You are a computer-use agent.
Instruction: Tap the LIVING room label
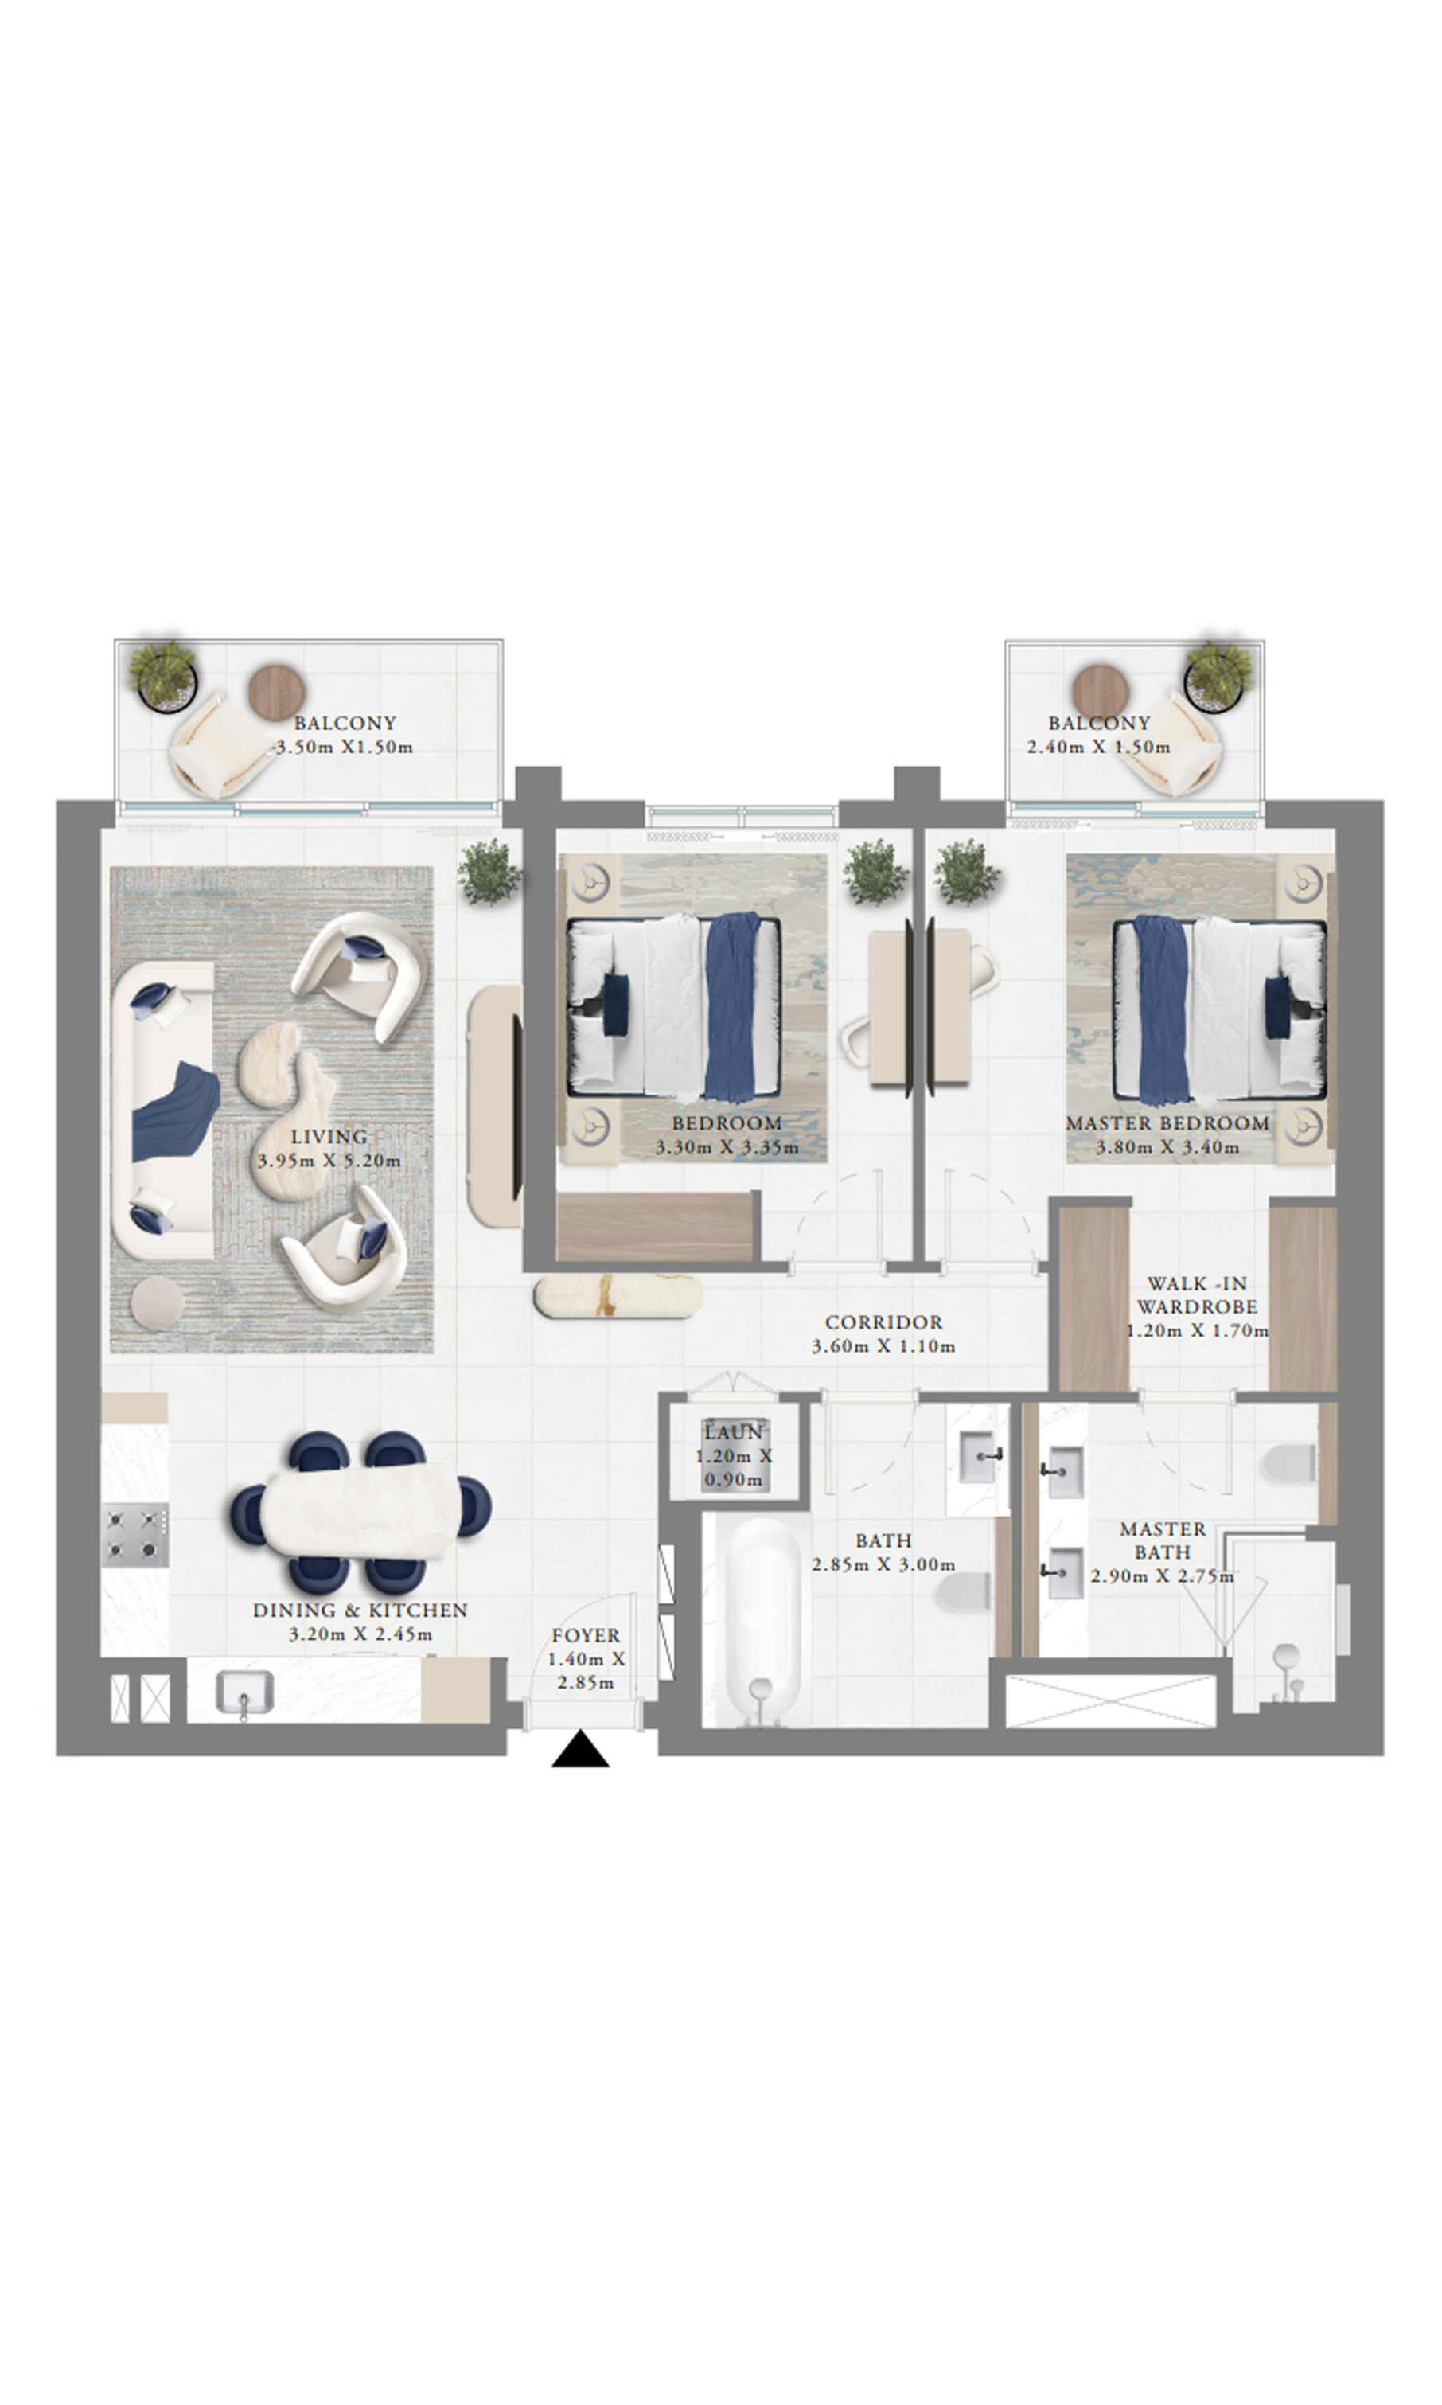tap(329, 1136)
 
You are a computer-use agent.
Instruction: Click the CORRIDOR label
tap(883, 1322)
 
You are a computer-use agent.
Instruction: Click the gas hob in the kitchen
tap(137, 1536)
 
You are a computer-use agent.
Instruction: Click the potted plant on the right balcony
tap(1216, 673)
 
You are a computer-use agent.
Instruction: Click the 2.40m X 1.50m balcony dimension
tap(1099, 747)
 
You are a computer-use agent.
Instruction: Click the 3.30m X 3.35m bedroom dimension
tap(727, 1147)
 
